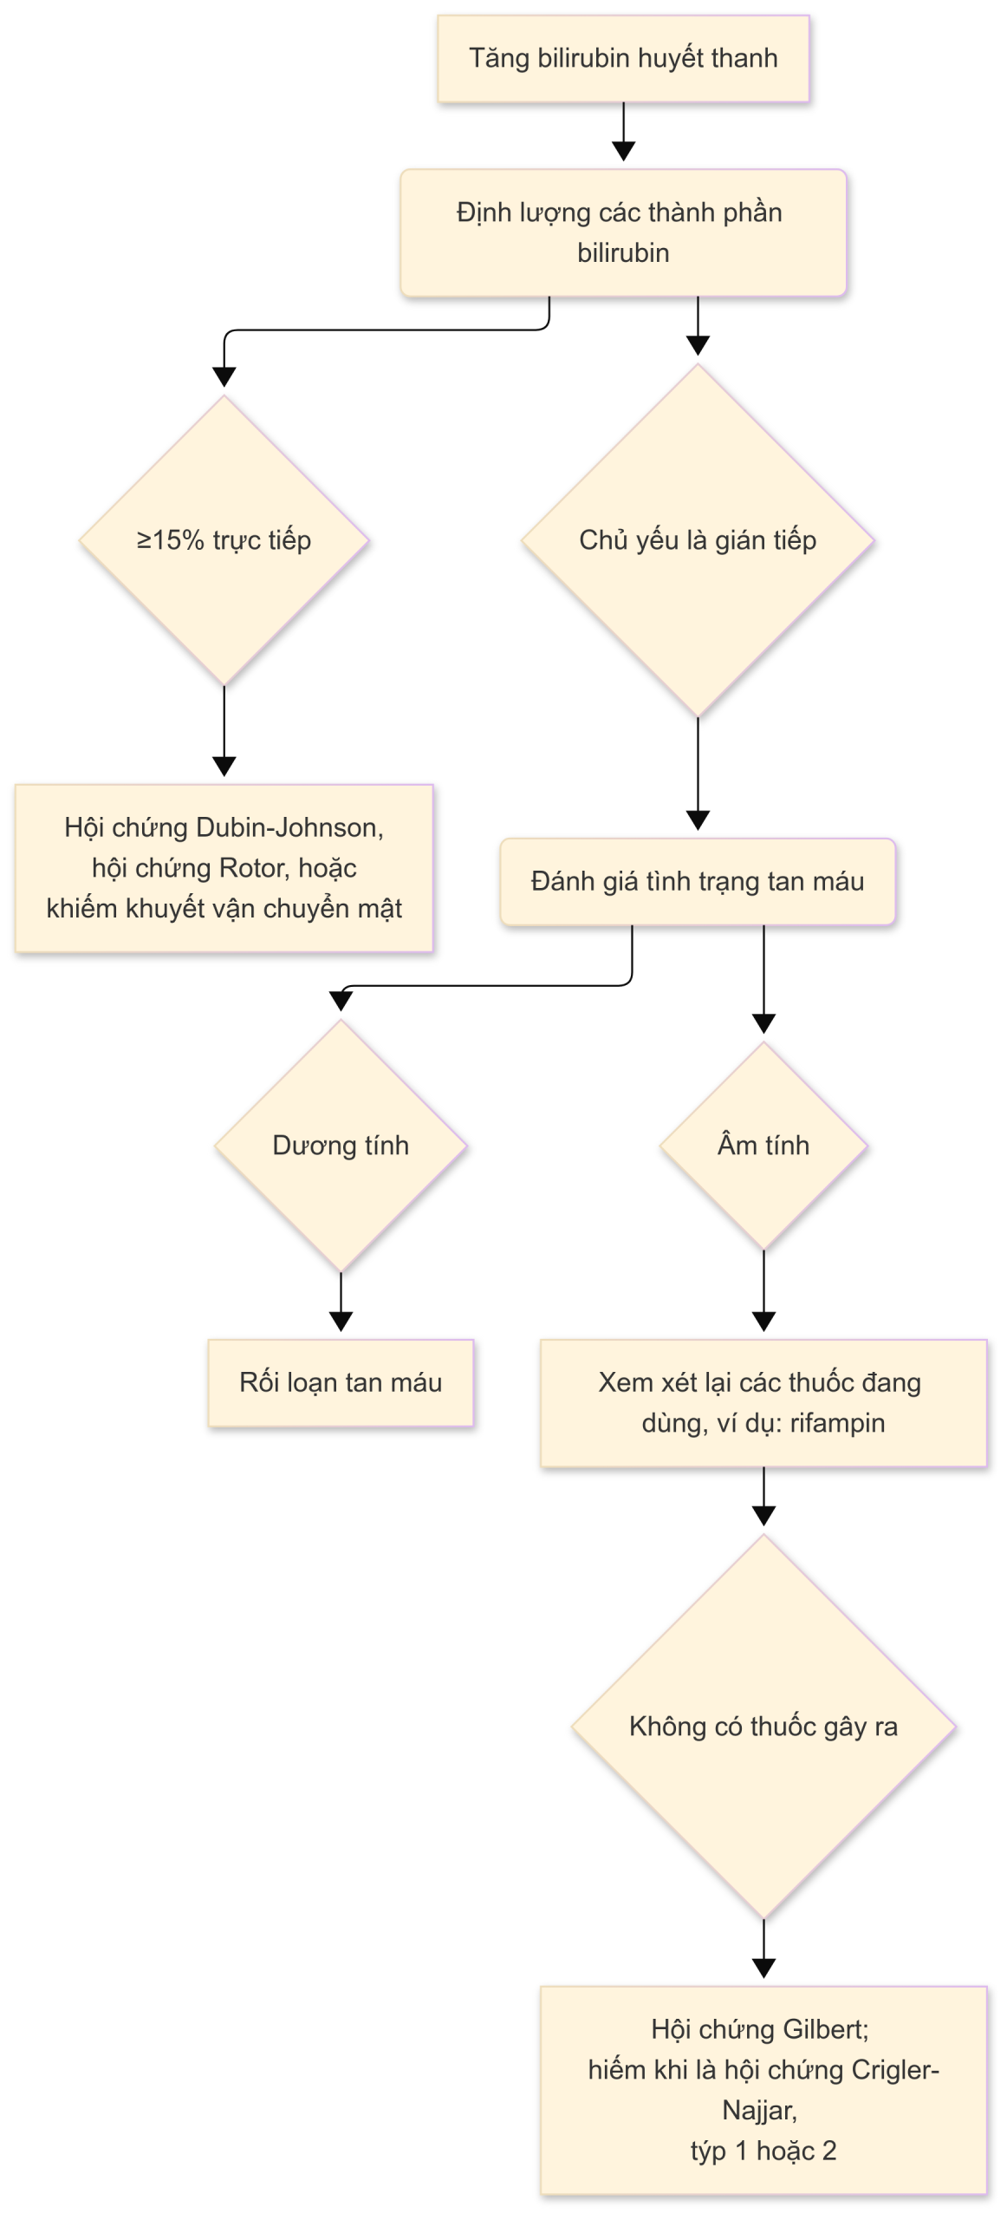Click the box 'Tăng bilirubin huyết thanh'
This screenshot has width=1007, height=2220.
pyautogui.click(x=623, y=59)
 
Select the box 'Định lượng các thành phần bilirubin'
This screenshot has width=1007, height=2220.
pyautogui.click(x=623, y=232)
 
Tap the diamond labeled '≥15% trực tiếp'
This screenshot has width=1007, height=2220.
pyautogui.click(x=224, y=540)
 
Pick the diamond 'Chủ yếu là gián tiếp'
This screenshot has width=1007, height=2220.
pyautogui.click(x=698, y=540)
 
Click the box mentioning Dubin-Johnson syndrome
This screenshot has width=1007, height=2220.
pyautogui.click(x=224, y=868)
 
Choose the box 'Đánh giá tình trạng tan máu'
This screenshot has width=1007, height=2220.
pyautogui.click(x=698, y=881)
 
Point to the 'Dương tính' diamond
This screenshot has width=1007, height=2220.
pyautogui.click(x=341, y=1146)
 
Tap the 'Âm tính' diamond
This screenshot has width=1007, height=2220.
pyautogui.click(x=763, y=1146)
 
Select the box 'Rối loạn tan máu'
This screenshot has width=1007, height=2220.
pyautogui.click(x=341, y=1382)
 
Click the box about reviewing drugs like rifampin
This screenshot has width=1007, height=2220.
pyautogui.click(x=763, y=1403)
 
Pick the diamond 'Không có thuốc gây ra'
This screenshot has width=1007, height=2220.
pyautogui.click(x=763, y=1727)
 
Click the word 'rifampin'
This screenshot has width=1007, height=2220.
pyautogui.click(x=837, y=1423)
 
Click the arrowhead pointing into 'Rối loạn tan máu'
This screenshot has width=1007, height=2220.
pyautogui.click(x=341, y=1322)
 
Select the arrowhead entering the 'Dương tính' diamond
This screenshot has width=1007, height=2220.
pyautogui.click(x=341, y=1002)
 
